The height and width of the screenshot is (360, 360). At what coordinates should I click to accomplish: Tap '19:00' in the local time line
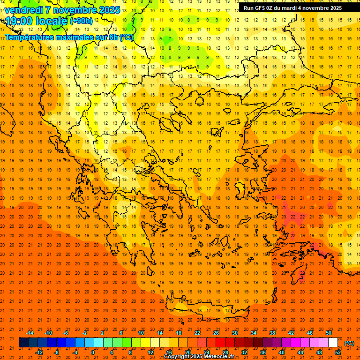(x=17, y=21)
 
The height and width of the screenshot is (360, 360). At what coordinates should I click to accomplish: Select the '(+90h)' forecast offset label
(x=81, y=21)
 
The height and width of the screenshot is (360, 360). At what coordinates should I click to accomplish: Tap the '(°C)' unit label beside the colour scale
(x=349, y=343)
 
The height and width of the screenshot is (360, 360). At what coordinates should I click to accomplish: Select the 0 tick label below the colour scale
(x=92, y=352)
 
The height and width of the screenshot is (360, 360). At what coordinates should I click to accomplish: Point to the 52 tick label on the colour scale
(x=338, y=352)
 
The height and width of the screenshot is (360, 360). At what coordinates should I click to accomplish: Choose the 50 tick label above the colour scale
(x=329, y=333)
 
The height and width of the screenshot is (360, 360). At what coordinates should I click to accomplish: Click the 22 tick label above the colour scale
(x=197, y=333)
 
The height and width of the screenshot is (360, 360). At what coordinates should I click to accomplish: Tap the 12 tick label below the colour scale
(x=150, y=352)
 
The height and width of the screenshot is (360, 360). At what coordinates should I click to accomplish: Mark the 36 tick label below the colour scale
(x=263, y=352)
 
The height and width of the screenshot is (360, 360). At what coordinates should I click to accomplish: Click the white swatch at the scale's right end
(x=333, y=343)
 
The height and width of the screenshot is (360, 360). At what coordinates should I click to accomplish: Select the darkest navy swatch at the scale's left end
(x=23, y=343)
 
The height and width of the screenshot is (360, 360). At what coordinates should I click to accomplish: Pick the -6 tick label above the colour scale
(x=66, y=333)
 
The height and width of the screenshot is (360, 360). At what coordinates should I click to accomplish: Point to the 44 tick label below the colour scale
(x=300, y=352)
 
